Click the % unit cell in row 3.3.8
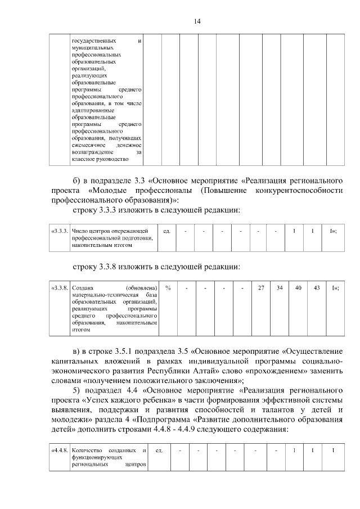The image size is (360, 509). click(168, 287)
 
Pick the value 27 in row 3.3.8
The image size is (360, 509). click(260, 287)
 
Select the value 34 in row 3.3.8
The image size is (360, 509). click(279, 287)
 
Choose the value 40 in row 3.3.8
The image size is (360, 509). click(298, 287)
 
